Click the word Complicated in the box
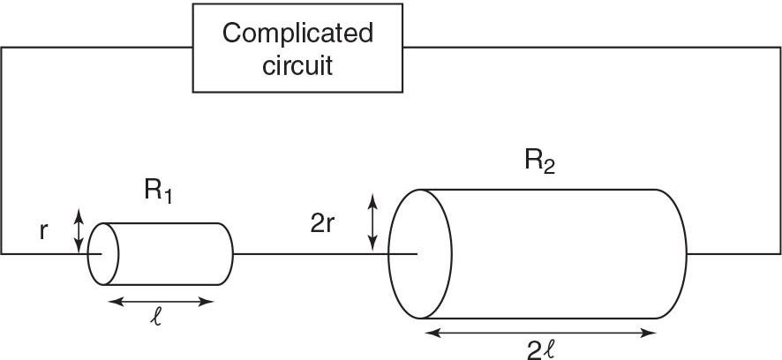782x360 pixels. click(x=297, y=34)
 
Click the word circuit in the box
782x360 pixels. click(x=297, y=64)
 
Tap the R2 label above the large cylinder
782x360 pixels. click(x=537, y=162)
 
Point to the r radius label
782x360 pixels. click(x=44, y=232)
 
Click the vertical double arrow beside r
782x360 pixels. click(x=79, y=230)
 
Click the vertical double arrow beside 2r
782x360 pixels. click(x=373, y=222)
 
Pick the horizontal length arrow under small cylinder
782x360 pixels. click(x=160, y=302)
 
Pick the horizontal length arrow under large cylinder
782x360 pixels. click(x=540, y=332)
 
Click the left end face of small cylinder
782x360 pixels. click(x=102, y=253)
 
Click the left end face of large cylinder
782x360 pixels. click(x=417, y=253)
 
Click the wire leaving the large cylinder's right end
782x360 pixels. click(x=733, y=253)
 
